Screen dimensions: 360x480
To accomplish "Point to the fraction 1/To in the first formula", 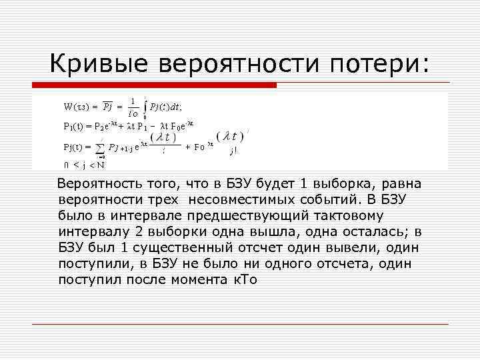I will [133, 107].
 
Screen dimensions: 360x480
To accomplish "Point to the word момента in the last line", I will [199, 279].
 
